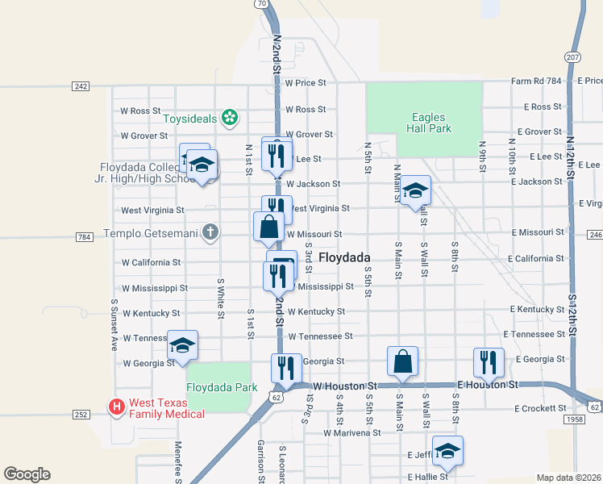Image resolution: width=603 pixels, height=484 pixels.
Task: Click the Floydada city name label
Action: [x=344, y=257]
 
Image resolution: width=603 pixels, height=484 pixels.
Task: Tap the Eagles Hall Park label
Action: [x=425, y=123]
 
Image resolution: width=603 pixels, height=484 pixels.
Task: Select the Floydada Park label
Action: [x=222, y=387]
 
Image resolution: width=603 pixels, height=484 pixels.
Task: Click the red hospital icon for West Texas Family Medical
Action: [x=117, y=407]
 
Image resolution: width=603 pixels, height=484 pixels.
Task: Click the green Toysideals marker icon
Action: [x=230, y=119]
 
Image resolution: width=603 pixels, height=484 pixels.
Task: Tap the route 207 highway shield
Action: [x=572, y=58]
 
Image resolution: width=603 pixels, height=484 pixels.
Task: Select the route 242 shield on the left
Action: [x=81, y=86]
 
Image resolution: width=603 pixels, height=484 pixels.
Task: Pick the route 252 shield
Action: [x=81, y=415]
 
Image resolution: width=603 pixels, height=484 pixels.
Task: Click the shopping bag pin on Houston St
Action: [x=402, y=361]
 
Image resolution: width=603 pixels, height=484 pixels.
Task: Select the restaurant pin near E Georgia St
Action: [x=489, y=362]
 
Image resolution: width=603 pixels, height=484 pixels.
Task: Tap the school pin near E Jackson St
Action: [x=415, y=191]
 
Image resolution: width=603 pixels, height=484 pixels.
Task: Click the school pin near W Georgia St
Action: [x=182, y=346]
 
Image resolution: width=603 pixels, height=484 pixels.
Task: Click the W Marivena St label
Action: [x=351, y=433]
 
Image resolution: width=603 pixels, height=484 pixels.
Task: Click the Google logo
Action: [x=27, y=474]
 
